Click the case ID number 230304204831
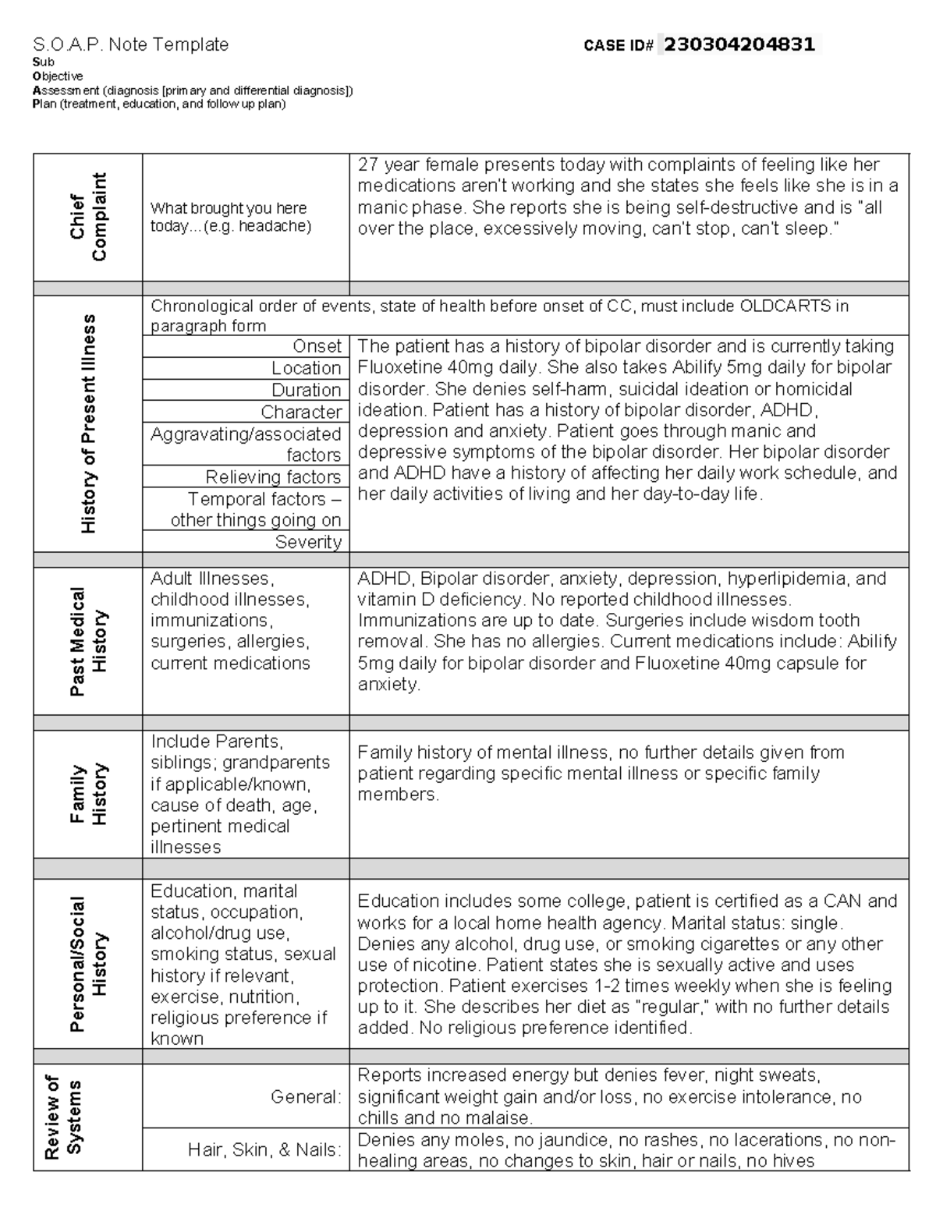(739, 44)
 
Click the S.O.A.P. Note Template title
(130, 44)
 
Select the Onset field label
(317, 346)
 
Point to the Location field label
(306, 368)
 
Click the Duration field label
(306, 390)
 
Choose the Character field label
(301, 412)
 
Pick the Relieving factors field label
(273, 477)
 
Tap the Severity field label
(308, 542)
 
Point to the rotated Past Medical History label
(87, 642)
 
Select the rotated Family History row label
(87, 794)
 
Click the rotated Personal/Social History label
(87, 965)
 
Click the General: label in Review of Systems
(306, 1096)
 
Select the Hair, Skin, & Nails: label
(264, 1149)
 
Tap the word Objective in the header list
(57, 76)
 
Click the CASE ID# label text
(618, 46)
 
